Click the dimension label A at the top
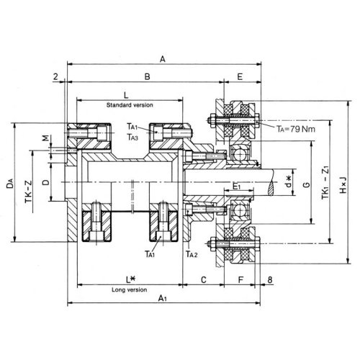point(163,59)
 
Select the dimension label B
point(147,77)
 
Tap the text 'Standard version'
point(130,105)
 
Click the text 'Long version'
point(130,289)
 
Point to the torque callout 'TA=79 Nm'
point(296,129)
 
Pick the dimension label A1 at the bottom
point(163,298)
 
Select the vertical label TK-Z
point(28,192)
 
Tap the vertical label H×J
point(343,185)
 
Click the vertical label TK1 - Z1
point(325,182)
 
